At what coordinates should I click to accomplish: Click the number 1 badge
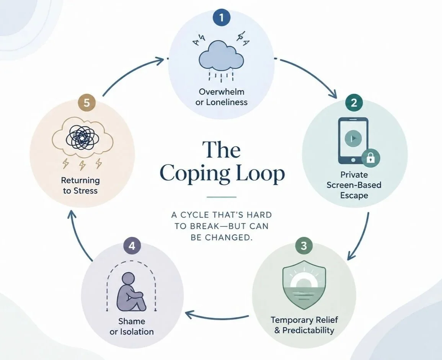[221, 18]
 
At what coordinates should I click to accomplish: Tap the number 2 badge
[354, 103]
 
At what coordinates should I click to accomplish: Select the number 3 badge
[303, 246]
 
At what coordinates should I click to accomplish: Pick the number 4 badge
[132, 246]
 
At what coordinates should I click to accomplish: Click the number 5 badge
[86, 103]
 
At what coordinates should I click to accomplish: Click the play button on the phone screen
[353, 138]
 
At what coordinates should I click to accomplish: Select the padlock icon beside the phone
[370, 158]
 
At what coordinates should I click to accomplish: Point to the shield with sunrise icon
[304, 285]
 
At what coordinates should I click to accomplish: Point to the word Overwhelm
[221, 91]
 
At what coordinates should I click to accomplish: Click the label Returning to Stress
[80, 186]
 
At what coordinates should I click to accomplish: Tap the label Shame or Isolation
[132, 326]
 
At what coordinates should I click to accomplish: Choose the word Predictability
[308, 330]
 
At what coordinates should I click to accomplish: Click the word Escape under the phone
[354, 195]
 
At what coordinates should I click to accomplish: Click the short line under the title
[221, 197]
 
